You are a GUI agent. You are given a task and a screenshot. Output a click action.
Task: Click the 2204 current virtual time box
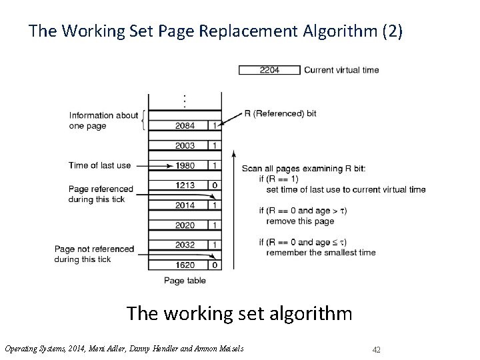click(269, 70)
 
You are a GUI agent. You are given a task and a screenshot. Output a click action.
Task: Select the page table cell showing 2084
click(185, 125)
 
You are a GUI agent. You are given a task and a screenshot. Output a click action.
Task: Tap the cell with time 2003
click(185, 145)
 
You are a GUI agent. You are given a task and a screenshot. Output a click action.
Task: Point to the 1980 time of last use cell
click(185, 165)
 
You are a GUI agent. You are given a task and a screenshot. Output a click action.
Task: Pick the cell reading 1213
click(185, 185)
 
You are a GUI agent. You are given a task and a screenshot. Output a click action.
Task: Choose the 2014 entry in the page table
click(185, 205)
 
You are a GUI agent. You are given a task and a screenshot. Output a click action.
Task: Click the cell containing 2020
click(185, 225)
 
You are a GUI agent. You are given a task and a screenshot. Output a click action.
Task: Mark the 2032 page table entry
click(185, 245)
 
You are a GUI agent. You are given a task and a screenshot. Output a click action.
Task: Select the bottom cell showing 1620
click(185, 265)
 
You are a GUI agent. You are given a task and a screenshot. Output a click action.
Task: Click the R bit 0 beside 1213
click(213, 185)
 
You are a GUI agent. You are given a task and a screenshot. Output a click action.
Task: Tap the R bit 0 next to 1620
click(213, 265)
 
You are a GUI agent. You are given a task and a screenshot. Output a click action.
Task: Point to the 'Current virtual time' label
click(341, 70)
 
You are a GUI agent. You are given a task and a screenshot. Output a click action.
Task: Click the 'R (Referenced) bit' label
click(281, 113)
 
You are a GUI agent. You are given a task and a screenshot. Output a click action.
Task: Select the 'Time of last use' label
click(99, 165)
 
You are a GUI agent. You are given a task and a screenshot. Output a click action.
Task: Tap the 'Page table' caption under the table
click(184, 281)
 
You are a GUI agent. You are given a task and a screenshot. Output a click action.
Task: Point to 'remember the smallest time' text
click(321, 252)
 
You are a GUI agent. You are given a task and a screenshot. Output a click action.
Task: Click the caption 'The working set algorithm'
click(239, 313)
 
